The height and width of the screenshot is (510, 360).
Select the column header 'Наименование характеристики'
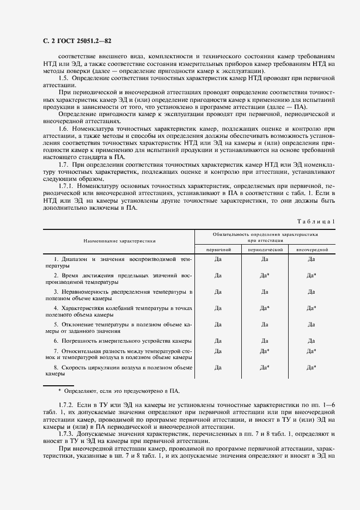[120, 240]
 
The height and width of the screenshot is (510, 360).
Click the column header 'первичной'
[218, 248]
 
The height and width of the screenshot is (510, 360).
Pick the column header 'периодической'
[265, 248]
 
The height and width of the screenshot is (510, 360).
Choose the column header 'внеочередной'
[312, 248]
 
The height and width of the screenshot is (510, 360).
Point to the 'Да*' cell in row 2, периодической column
[265, 275]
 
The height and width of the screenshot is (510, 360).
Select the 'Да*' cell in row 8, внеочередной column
[312, 368]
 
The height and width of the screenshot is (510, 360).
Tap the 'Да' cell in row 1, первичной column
[218, 259]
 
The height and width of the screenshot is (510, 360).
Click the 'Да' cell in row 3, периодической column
[265, 292]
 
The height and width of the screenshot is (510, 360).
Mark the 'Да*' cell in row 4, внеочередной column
[312, 308]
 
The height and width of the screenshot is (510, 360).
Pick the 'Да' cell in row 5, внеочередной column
[312, 324]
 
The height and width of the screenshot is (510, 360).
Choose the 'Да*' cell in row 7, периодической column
[265, 351]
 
